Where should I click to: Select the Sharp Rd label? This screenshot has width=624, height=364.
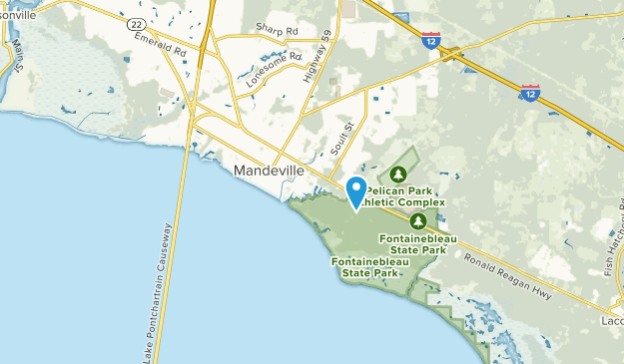277,31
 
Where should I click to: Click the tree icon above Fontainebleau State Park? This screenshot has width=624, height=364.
418,221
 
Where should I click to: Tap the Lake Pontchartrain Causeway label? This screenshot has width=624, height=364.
156,295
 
